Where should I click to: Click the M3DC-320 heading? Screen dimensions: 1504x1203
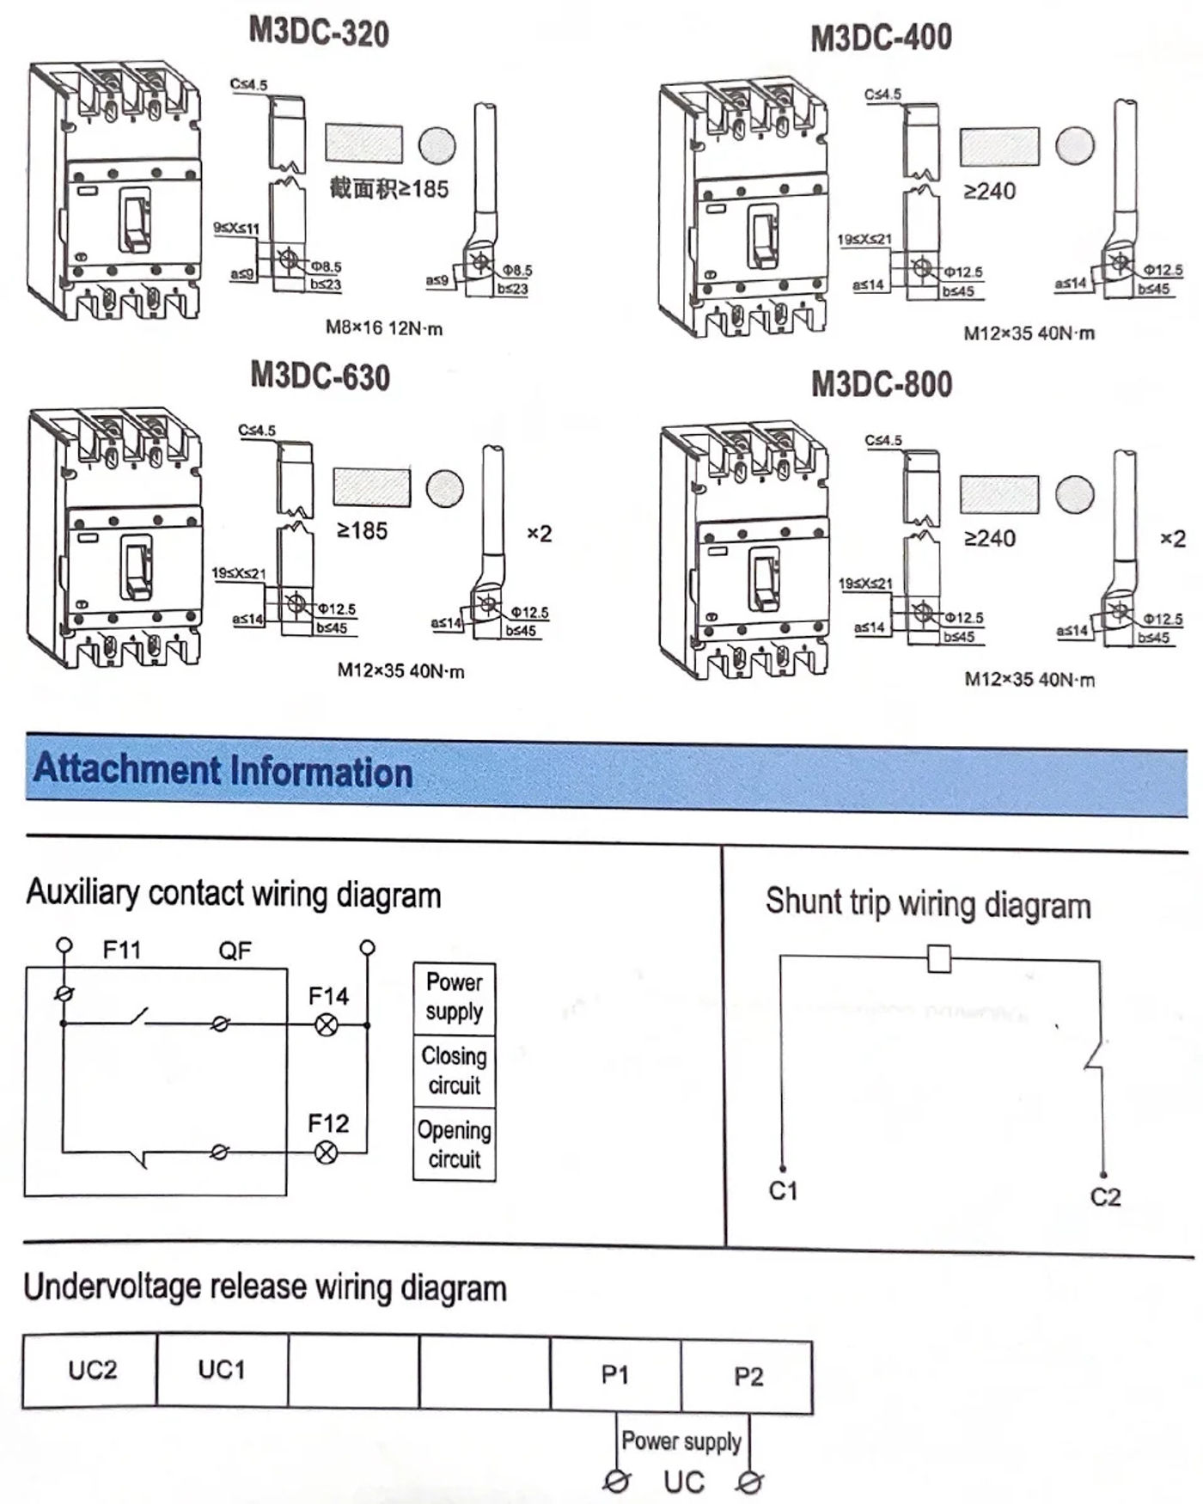coord(319,33)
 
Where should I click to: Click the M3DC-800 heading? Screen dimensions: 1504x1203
coord(882,384)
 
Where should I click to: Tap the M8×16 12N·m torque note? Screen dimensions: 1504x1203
coord(384,328)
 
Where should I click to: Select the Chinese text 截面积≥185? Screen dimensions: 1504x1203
coord(389,188)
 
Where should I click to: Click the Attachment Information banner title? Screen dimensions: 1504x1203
coord(223,770)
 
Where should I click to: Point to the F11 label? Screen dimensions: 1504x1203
coord(121,950)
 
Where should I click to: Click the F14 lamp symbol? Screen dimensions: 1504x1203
coord(327,1024)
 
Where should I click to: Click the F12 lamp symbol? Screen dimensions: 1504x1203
coord(327,1152)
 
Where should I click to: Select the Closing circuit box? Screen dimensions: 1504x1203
coord(455,1071)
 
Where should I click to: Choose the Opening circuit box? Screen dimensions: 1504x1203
coord(455,1145)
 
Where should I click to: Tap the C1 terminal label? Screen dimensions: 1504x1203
coord(783,1191)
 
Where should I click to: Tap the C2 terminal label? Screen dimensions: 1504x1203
coord(1105,1197)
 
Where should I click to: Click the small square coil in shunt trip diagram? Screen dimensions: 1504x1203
coord(939,958)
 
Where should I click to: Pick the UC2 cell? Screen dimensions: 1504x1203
coord(92,1369)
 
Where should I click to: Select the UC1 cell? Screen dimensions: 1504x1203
coord(222,1369)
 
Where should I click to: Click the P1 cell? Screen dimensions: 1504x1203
coord(615,1375)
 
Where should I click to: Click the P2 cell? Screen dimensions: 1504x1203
coord(748,1377)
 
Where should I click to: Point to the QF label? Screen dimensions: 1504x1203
coord(235,951)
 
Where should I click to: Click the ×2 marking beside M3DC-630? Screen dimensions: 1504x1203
coord(539,534)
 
